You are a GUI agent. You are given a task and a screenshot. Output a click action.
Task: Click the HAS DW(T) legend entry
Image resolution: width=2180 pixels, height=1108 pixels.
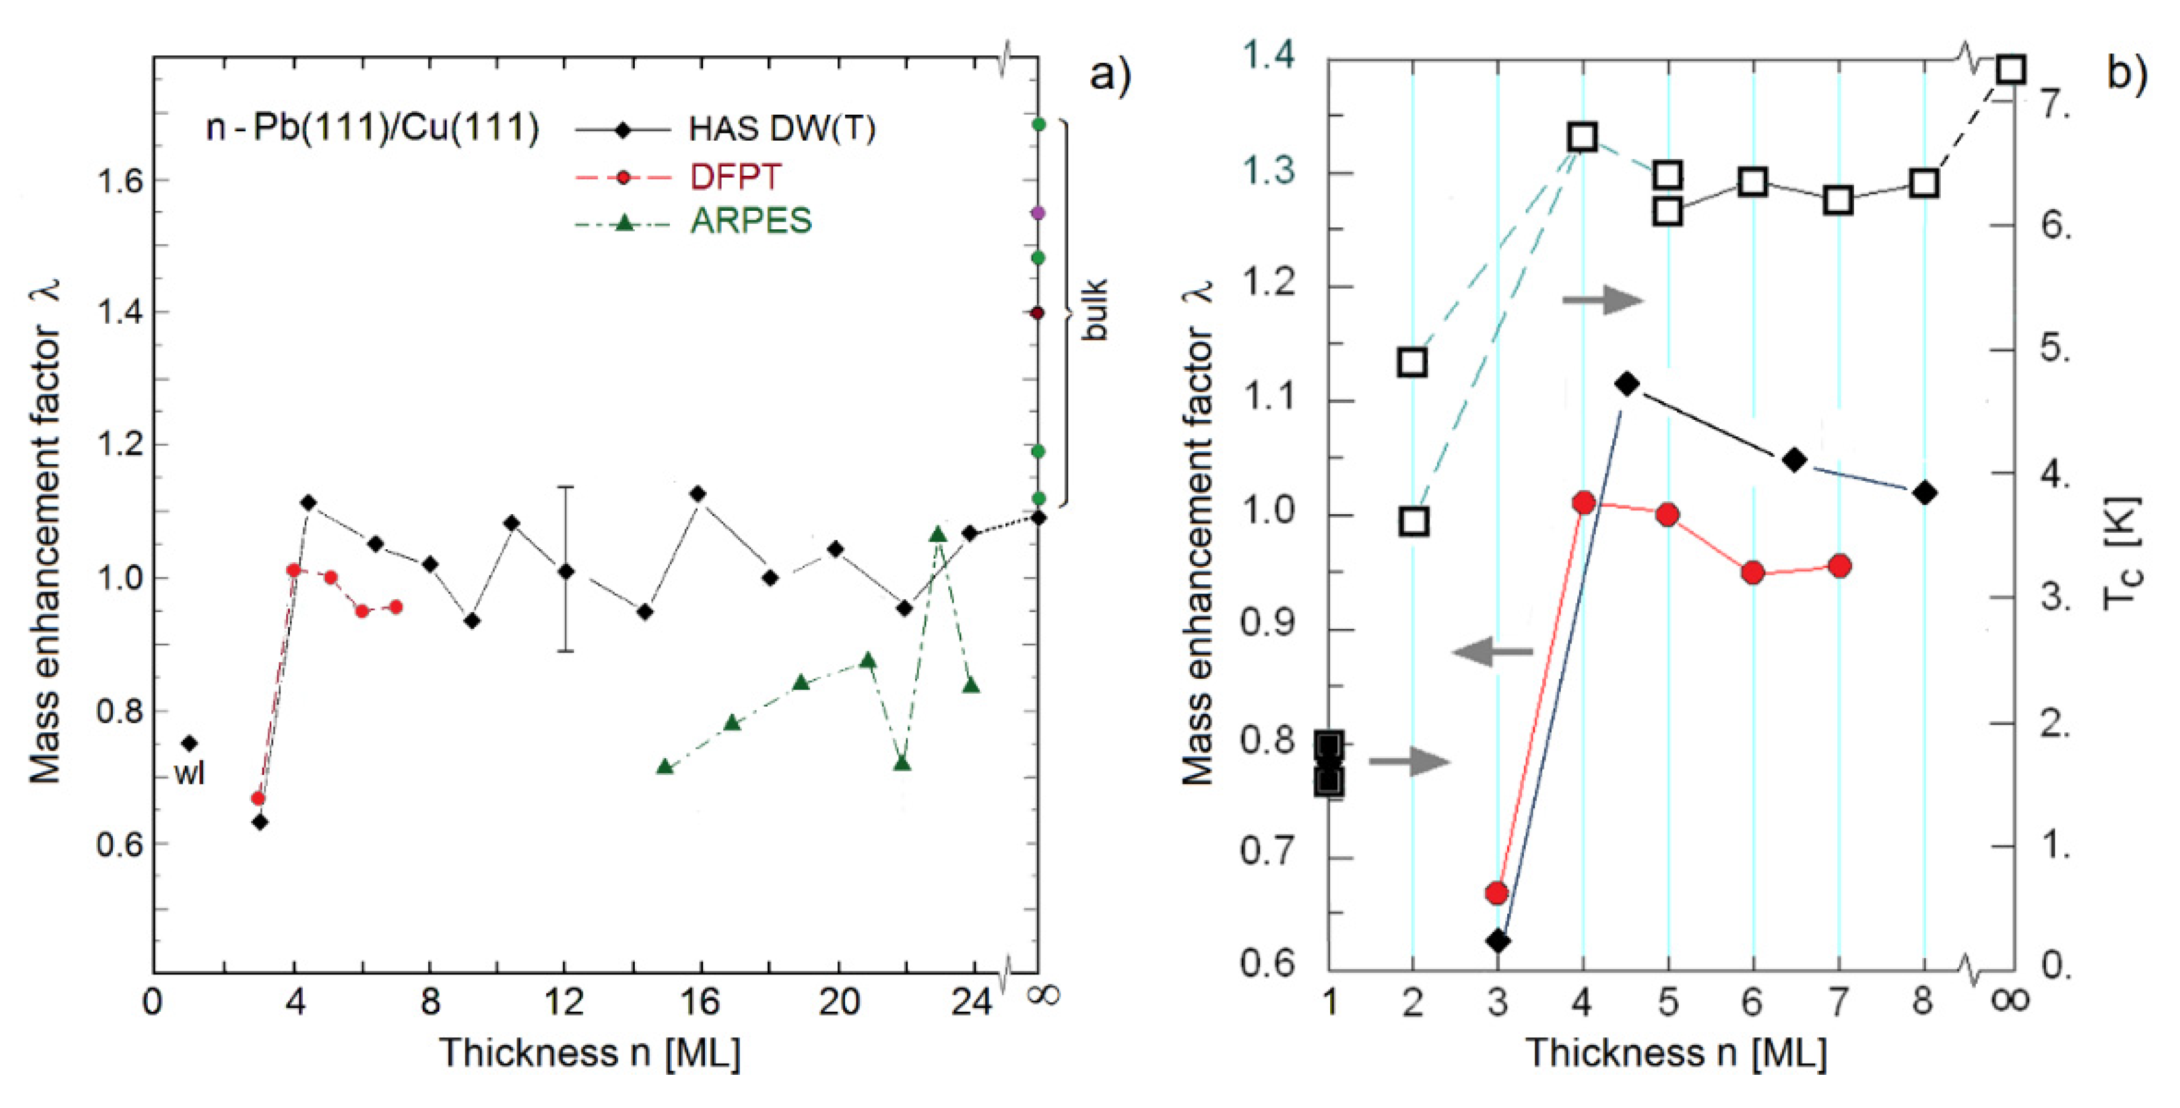point(781,129)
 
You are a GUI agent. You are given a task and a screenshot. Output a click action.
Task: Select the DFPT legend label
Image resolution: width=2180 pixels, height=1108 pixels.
point(735,177)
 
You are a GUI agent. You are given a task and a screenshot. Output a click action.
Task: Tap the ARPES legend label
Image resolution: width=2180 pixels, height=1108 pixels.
point(751,221)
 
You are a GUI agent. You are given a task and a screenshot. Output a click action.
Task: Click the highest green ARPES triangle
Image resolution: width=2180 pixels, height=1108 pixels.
point(937,535)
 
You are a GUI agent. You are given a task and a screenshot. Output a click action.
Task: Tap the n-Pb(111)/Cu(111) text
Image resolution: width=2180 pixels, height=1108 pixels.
point(372,129)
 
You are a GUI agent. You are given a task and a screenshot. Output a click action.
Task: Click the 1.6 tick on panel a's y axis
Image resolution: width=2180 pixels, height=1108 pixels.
point(119,181)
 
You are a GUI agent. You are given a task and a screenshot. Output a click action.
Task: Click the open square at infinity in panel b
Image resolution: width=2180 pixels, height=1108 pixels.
point(2011,69)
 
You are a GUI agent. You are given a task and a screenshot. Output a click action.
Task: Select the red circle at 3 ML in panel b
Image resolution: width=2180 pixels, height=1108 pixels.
point(1496,893)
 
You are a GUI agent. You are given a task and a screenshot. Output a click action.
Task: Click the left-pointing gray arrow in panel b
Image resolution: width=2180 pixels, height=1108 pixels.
point(1491,652)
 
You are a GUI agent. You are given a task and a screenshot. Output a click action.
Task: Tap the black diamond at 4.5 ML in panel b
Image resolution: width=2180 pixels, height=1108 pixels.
point(1626,384)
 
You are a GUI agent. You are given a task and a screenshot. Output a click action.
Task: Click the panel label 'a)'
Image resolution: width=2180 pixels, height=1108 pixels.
point(1109,76)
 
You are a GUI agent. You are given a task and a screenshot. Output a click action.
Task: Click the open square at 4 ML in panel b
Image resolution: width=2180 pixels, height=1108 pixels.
point(1583,137)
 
